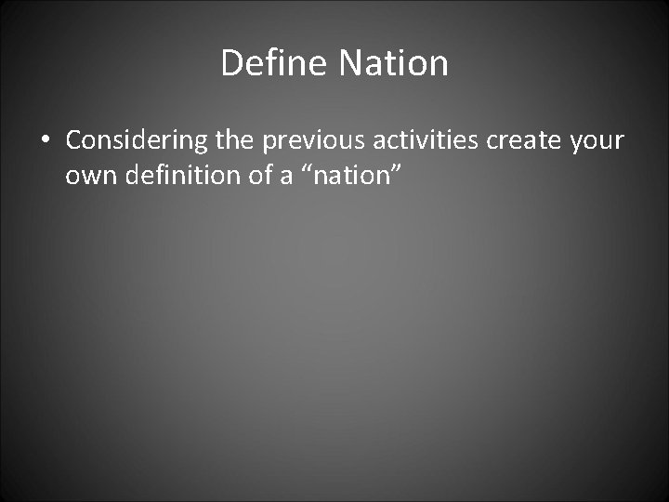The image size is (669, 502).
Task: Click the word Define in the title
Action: coord(276,63)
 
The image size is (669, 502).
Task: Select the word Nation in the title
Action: coord(394,63)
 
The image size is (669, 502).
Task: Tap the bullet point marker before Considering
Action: coord(46,141)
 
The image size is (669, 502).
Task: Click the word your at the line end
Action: coord(594,140)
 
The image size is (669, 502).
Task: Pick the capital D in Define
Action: coord(232,63)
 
